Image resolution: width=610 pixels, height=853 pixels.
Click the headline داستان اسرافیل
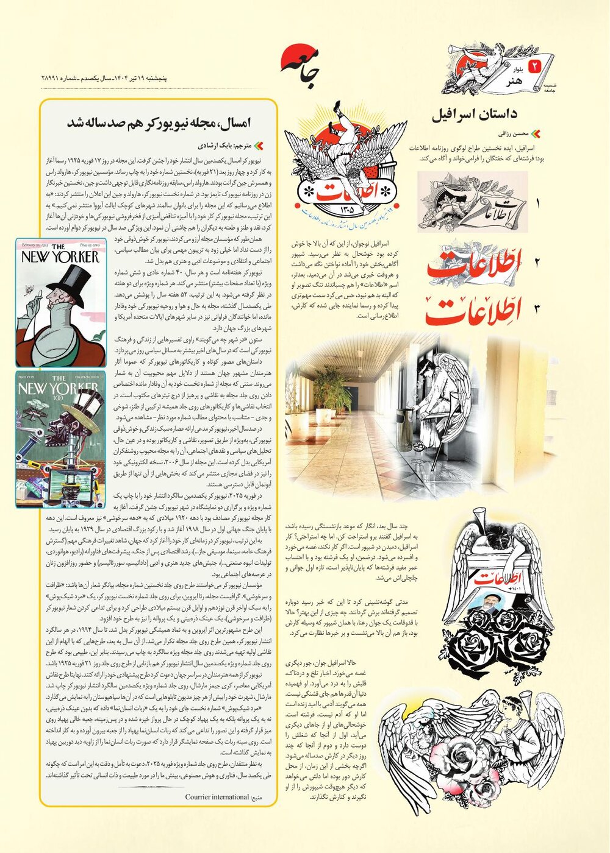(x=474, y=114)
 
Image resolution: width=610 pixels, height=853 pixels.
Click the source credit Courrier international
(x=217, y=797)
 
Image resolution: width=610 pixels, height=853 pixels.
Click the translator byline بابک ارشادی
(x=226, y=146)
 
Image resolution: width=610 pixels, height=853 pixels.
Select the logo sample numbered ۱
(x=472, y=202)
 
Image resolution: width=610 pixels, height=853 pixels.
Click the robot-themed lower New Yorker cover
(x=60, y=439)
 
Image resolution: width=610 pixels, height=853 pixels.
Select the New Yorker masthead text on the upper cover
(x=60, y=256)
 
